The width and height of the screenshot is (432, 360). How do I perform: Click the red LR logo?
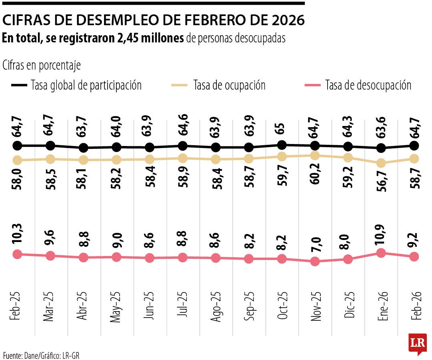pos(417,344)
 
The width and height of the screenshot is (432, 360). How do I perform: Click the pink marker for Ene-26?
pos(381,253)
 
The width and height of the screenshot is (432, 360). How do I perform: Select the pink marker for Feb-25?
pos(17,254)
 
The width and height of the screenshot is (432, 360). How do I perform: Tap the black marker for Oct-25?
pos(282,145)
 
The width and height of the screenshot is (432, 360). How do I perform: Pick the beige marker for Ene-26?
pos(381,163)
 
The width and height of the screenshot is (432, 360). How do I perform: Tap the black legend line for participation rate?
pos(19,85)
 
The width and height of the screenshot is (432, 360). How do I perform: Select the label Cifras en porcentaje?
pos(42,65)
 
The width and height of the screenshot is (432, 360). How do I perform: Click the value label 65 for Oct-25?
pos(282,129)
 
